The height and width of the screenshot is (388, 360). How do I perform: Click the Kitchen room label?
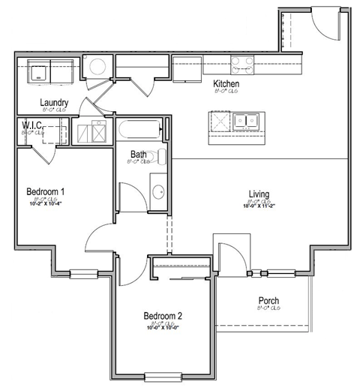tap(226, 84)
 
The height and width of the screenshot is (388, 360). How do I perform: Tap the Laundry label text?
tap(55, 103)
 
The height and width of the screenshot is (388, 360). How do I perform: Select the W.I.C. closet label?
tap(31, 125)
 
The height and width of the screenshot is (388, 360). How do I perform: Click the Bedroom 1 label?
tap(45, 191)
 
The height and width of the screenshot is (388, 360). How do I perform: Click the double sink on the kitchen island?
tap(244, 120)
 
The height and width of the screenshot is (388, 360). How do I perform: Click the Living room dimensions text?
tap(259, 208)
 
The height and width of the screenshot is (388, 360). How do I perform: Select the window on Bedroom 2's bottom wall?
tap(163, 376)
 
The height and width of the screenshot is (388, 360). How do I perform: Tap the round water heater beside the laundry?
tap(96, 66)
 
